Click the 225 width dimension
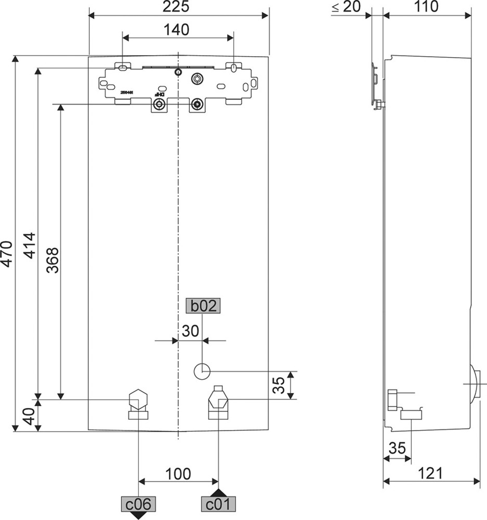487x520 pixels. click(180, 7)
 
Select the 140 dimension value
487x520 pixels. click(177, 30)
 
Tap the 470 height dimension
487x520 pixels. click(6, 253)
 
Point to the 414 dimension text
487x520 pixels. click(30, 245)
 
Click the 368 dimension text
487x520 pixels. click(52, 259)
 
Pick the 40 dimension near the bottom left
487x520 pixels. click(29, 417)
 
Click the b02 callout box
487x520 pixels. click(203, 306)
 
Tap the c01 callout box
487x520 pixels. click(218, 503)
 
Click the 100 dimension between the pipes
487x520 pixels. click(178, 474)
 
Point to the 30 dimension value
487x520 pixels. click(190, 331)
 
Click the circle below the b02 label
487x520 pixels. click(202, 371)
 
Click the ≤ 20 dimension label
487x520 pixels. click(346, 7)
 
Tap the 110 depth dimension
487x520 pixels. click(426, 7)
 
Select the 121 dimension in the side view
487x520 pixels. click(431, 474)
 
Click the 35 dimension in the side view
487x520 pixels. click(397, 448)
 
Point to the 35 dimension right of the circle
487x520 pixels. click(280, 385)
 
